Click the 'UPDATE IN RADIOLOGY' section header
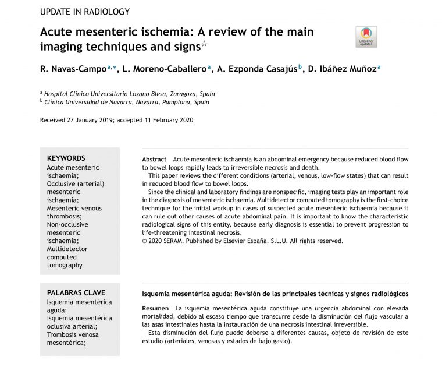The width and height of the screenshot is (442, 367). pyautogui.click(x=84, y=12)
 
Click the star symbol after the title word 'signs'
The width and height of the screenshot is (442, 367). pyautogui.click(x=204, y=43)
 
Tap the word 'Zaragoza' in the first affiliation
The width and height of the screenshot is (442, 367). pyautogui.click(x=180, y=93)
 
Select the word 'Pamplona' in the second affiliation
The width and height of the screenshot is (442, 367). pyautogui.click(x=174, y=101)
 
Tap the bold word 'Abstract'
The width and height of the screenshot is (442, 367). pyautogui.click(x=154, y=160)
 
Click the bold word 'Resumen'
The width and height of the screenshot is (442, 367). pyautogui.click(x=156, y=307)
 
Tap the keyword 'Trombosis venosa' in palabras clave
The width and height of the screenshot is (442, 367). pyautogui.click(x=73, y=335)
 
